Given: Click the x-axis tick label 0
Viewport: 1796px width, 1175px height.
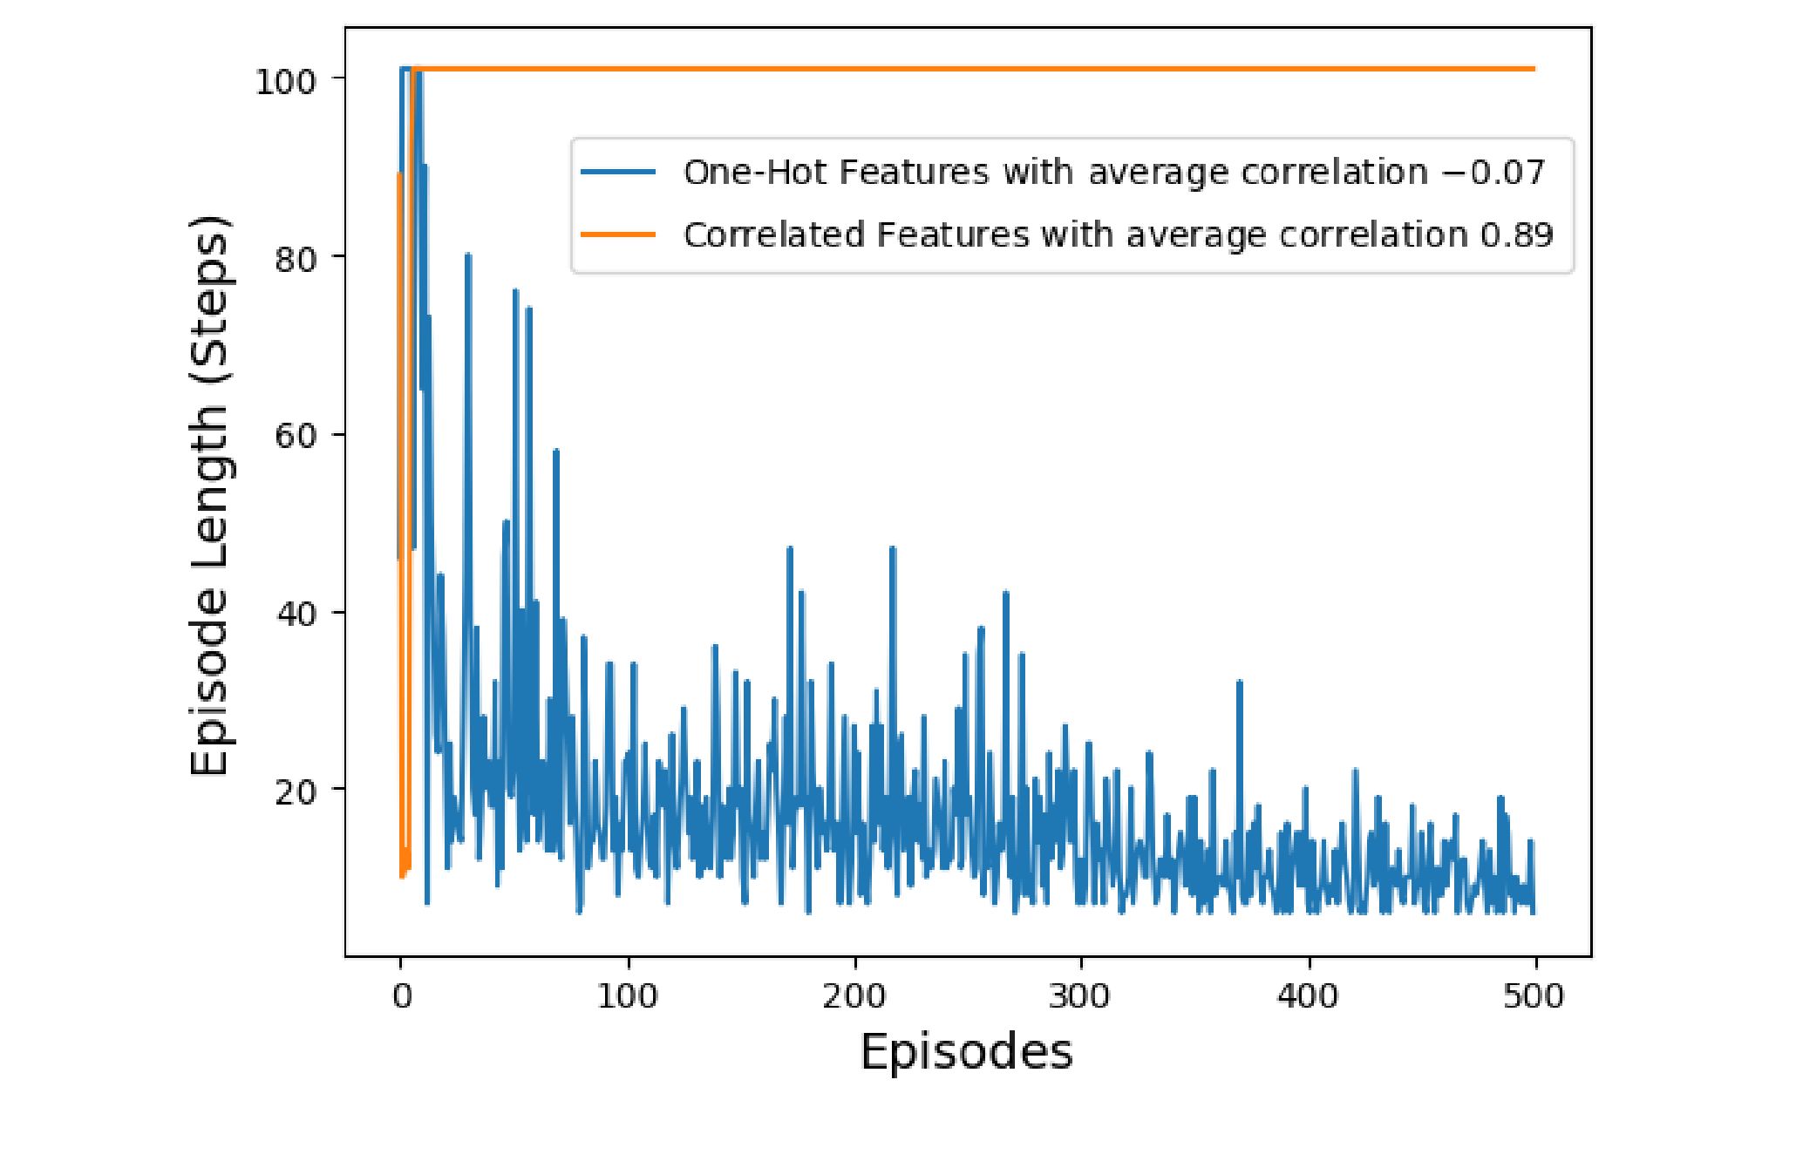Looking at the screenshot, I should pyautogui.click(x=401, y=996).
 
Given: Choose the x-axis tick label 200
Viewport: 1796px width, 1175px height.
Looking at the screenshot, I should pyautogui.click(x=854, y=996).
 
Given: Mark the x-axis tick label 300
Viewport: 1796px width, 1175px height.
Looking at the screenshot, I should pyautogui.click(x=1081, y=996).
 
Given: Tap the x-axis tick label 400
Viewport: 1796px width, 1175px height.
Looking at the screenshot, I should pyautogui.click(x=1308, y=996).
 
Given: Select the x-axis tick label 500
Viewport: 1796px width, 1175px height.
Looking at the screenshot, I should pyautogui.click(x=1534, y=996).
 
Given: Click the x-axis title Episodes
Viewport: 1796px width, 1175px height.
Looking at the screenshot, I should pyautogui.click(x=966, y=1052).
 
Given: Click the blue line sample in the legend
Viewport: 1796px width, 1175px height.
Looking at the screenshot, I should pyautogui.click(x=619, y=173).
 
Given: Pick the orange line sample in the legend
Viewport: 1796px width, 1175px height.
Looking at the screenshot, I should pyautogui.click(x=619, y=234).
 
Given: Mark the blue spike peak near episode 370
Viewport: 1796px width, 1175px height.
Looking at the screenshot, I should pyautogui.click(x=1239, y=683).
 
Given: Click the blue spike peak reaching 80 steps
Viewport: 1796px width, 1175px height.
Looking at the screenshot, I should pyautogui.click(x=468, y=255).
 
